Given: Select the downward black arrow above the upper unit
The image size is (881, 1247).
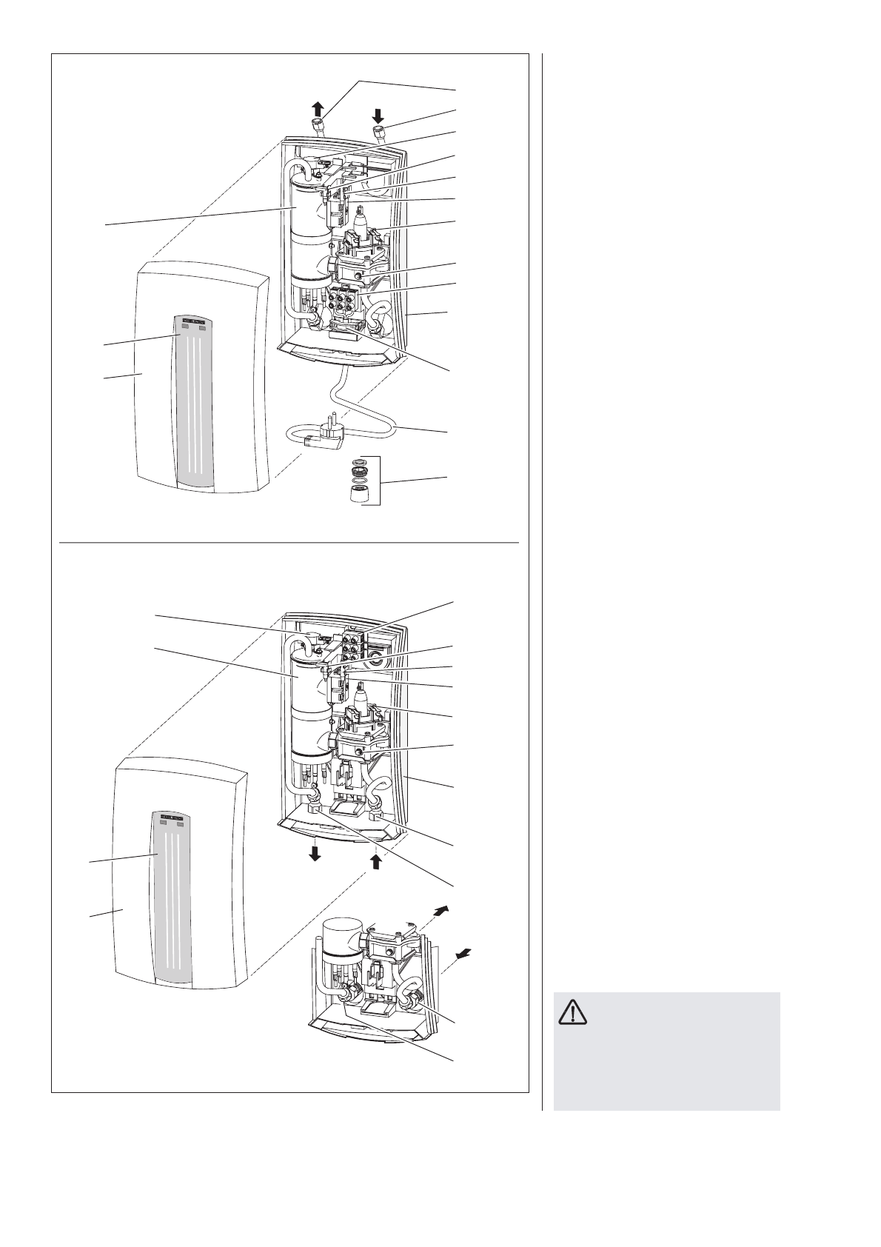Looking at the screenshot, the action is point(378,114).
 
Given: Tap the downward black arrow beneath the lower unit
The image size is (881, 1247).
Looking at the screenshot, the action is point(315,854).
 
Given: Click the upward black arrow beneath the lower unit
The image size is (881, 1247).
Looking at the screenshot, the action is point(376,860).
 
